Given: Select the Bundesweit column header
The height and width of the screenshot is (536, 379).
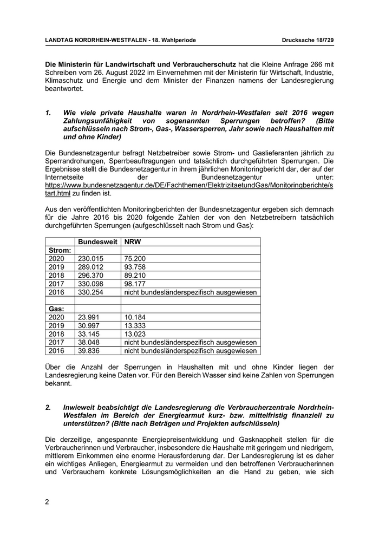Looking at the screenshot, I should click(97, 242).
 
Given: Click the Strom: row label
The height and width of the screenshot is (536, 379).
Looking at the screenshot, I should click(60, 250).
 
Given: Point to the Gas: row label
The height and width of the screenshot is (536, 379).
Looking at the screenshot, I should click(57, 309).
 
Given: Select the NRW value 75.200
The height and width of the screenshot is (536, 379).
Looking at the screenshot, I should click(135, 259).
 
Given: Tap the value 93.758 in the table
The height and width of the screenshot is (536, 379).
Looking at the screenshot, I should click(135, 267).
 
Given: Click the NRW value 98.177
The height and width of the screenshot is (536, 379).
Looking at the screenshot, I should click(135, 284).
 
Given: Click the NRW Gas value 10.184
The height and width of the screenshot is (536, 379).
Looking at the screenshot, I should click(135, 317).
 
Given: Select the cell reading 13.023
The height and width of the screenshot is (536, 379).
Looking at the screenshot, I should click(135, 334).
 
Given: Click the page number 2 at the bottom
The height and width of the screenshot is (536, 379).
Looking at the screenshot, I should click(47, 501).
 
